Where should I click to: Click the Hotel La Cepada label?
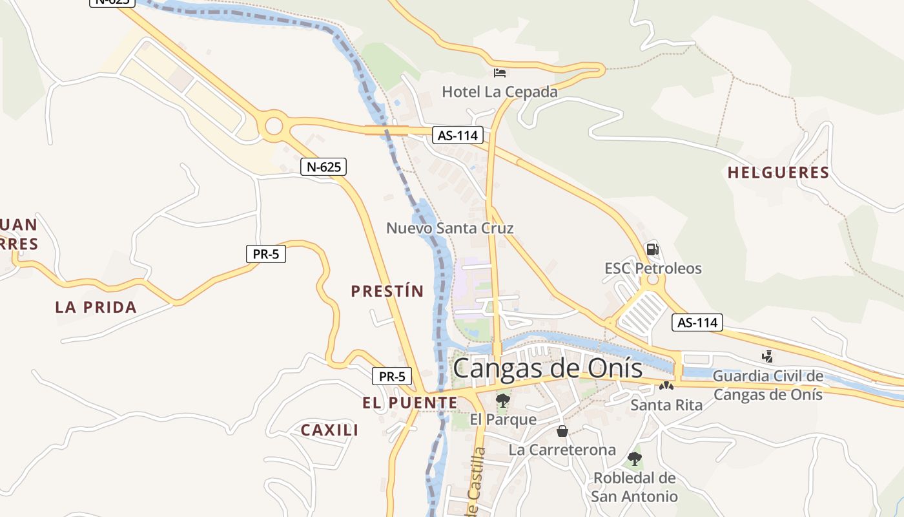pyautogui.click(x=499, y=92)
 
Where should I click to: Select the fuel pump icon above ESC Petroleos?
pyautogui.click(x=652, y=249)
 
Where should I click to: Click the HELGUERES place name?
pyautogui.click(x=778, y=173)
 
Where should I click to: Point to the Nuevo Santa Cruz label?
pyautogui.click(x=449, y=228)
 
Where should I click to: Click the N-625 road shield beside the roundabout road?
pyautogui.click(x=324, y=167)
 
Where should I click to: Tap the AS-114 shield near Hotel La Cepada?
pyautogui.click(x=458, y=135)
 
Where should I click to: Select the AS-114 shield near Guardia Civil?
pyautogui.click(x=697, y=322)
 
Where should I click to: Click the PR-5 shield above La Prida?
pyautogui.click(x=266, y=254)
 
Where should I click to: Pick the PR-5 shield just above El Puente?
pyautogui.click(x=392, y=375)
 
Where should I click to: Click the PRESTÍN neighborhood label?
pyautogui.click(x=387, y=291)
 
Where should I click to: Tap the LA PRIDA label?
pyautogui.click(x=96, y=307)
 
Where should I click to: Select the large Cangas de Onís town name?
pyautogui.click(x=548, y=368)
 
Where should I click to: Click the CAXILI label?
pyautogui.click(x=329, y=430)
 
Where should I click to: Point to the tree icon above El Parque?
pyautogui.click(x=502, y=401)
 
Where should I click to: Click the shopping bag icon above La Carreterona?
pyautogui.click(x=562, y=431)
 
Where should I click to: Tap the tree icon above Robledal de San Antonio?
pyautogui.click(x=634, y=459)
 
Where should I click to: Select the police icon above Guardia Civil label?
pyautogui.click(x=767, y=356)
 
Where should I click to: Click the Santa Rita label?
pyautogui.click(x=666, y=405)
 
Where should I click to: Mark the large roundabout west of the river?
pyautogui.click(x=274, y=126)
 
